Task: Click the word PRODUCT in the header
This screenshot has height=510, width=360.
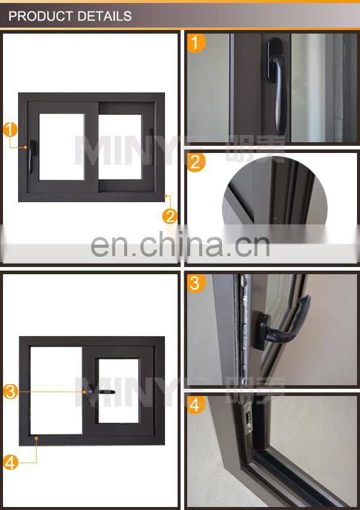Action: click(37, 16)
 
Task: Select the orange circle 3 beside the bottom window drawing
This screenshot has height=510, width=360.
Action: click(10, 392)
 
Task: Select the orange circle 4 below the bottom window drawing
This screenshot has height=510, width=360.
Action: click(10, 462)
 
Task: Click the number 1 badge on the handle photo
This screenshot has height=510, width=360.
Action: click(196, 43)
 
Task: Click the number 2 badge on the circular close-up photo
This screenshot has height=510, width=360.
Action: click(196, 163)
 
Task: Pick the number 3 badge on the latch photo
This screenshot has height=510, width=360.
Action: click(196, 283)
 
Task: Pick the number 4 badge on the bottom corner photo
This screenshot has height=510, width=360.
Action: click(196, 405)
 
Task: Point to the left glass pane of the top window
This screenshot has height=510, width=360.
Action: click(61, 146)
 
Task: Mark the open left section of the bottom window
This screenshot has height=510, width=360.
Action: click(56, 390)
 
